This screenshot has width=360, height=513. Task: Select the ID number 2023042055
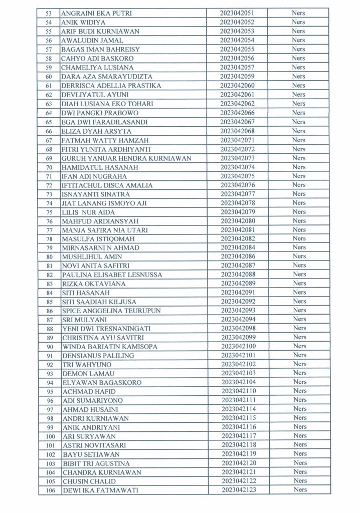[237, 50]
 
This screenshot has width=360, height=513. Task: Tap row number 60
[49, 77]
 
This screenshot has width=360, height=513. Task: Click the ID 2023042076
[237, 185]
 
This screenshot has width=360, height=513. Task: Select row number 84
[49, 293]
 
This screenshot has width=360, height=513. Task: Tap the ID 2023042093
[237, 311]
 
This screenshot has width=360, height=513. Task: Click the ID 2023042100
[237, 346]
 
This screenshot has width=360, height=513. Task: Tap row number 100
[49, 436]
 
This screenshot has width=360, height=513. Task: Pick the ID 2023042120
[237, 463]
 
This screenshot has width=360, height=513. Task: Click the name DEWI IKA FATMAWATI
[100, 490]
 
